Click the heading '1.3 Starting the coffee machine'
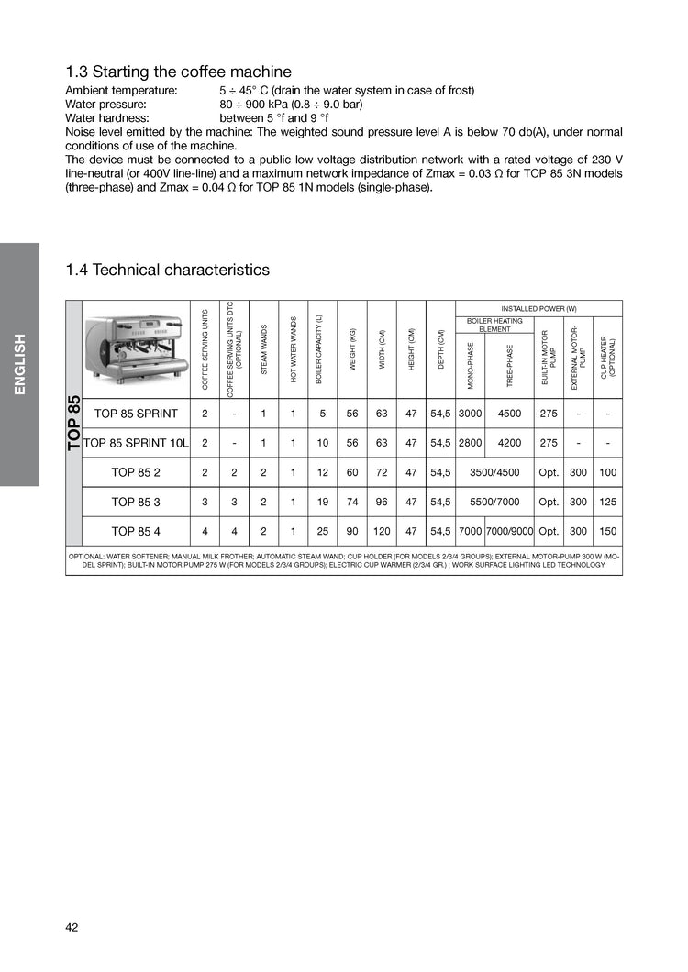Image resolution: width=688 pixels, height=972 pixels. click(x=178, y=72)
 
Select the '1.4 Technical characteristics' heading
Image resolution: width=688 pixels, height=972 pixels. click(x=168, y=270)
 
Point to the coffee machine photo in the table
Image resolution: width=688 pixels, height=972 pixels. click(x=136, y=348)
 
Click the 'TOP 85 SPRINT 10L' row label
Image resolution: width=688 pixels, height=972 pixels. click(x=136, y=443)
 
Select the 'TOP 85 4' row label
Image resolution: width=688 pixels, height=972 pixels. click(x=136, y=531)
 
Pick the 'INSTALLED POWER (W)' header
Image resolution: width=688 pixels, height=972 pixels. click(x=538, y=308)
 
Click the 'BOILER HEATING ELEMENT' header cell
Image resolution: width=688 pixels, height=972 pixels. click(x=494, y=325)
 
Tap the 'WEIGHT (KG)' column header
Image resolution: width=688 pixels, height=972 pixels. click(x=352, y=349)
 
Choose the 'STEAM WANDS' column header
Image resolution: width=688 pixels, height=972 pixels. click(x=264, y=349)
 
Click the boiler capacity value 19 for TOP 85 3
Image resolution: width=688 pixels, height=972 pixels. click(x=323, y=502)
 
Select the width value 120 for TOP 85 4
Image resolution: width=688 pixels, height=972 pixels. click(x=382, y=531)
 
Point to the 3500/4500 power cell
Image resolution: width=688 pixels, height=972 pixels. click(x=494, y=472)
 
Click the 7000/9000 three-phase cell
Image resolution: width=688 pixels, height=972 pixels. click(x=509, y=531)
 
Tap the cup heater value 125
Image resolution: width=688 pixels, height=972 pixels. click(x=607, y=502)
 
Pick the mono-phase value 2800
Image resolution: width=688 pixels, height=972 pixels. click(x=470, y=443)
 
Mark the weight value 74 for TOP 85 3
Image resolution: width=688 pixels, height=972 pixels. click(x=352, y=502)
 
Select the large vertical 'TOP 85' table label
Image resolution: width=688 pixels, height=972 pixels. click(x=73, y=423)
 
